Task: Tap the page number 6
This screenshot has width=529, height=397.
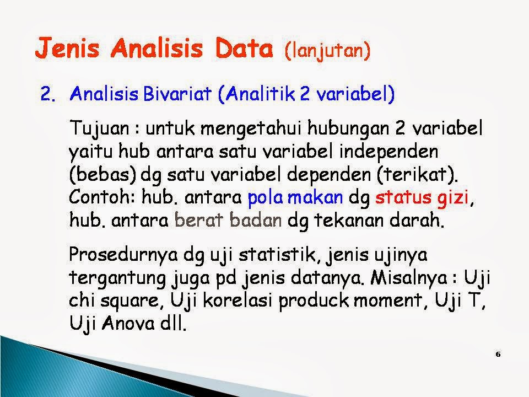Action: (x=498, y=355)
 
